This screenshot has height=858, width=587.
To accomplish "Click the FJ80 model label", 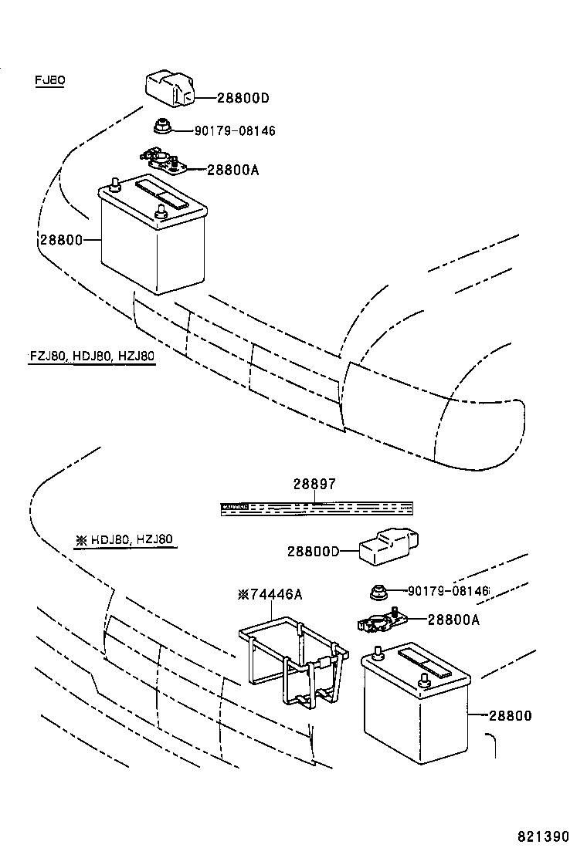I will pos(49,80).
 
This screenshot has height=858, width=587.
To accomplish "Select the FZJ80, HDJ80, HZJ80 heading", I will pos(92,356).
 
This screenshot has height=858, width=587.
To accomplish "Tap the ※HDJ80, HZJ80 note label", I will pos(124,540).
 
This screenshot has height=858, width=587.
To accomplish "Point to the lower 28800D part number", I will pos(313,551).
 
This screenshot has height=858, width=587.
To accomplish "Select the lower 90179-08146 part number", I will pos(448,591).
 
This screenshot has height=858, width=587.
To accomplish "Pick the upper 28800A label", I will pos(232,169).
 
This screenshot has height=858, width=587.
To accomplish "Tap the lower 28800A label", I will pos(453,619).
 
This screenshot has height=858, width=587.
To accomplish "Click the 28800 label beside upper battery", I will pos(60,240).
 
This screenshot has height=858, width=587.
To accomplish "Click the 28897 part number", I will pos(314,485).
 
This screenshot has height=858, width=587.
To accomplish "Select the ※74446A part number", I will pos(270,594).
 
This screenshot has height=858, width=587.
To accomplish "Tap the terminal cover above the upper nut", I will pos(169,87).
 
